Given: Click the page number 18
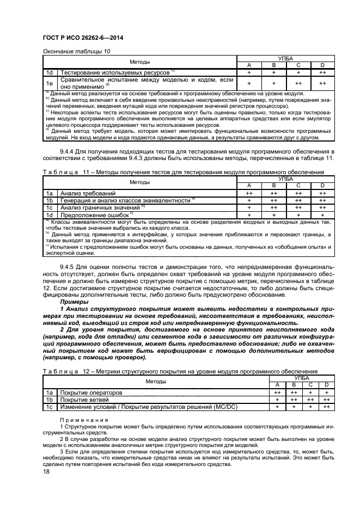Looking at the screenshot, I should click(x=46, y=478).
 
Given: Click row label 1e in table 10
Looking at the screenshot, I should click(x=50, y=83).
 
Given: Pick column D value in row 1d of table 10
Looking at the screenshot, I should click(x=322, y=72).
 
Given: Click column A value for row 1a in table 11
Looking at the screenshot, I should click(x=249, y=193).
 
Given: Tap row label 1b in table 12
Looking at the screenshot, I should click(x=50, y=400).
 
